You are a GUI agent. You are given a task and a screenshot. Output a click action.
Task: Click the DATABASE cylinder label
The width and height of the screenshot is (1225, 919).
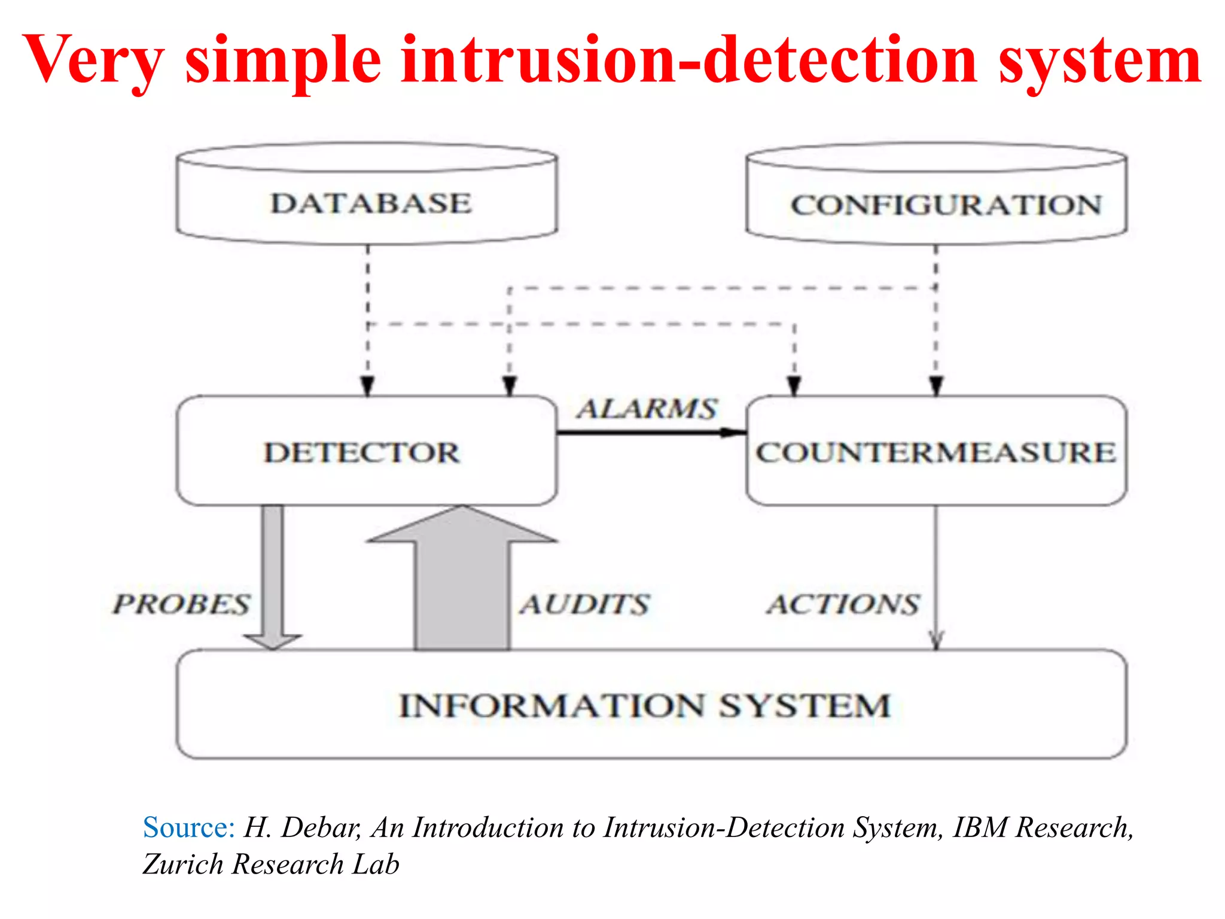(371, 203)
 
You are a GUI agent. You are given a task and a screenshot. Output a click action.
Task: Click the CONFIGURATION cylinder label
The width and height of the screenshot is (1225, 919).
(946, 205)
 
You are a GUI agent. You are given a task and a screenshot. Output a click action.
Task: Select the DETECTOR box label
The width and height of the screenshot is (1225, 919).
(362, 452)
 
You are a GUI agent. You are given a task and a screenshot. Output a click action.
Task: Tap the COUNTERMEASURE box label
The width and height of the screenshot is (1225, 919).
(936, 452)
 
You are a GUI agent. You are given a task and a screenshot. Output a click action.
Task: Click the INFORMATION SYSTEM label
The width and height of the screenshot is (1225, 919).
(645, 706)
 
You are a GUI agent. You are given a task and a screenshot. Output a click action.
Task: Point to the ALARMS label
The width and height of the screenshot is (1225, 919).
(647, 409)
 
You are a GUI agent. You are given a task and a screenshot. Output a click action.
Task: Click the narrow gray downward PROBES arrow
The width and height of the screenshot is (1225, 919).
(273, 574)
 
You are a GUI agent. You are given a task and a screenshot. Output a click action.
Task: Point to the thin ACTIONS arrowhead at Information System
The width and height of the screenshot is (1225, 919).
(937, 640)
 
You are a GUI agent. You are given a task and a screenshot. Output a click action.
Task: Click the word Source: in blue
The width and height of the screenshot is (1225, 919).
(188, 828)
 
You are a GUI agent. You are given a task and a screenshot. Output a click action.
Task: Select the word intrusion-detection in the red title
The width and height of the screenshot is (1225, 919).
(688, 60)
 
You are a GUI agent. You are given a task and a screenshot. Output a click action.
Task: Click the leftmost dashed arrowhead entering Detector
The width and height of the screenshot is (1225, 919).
(368, 386)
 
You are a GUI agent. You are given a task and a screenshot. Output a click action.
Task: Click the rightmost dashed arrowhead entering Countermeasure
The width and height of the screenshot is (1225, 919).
(937, 386)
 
